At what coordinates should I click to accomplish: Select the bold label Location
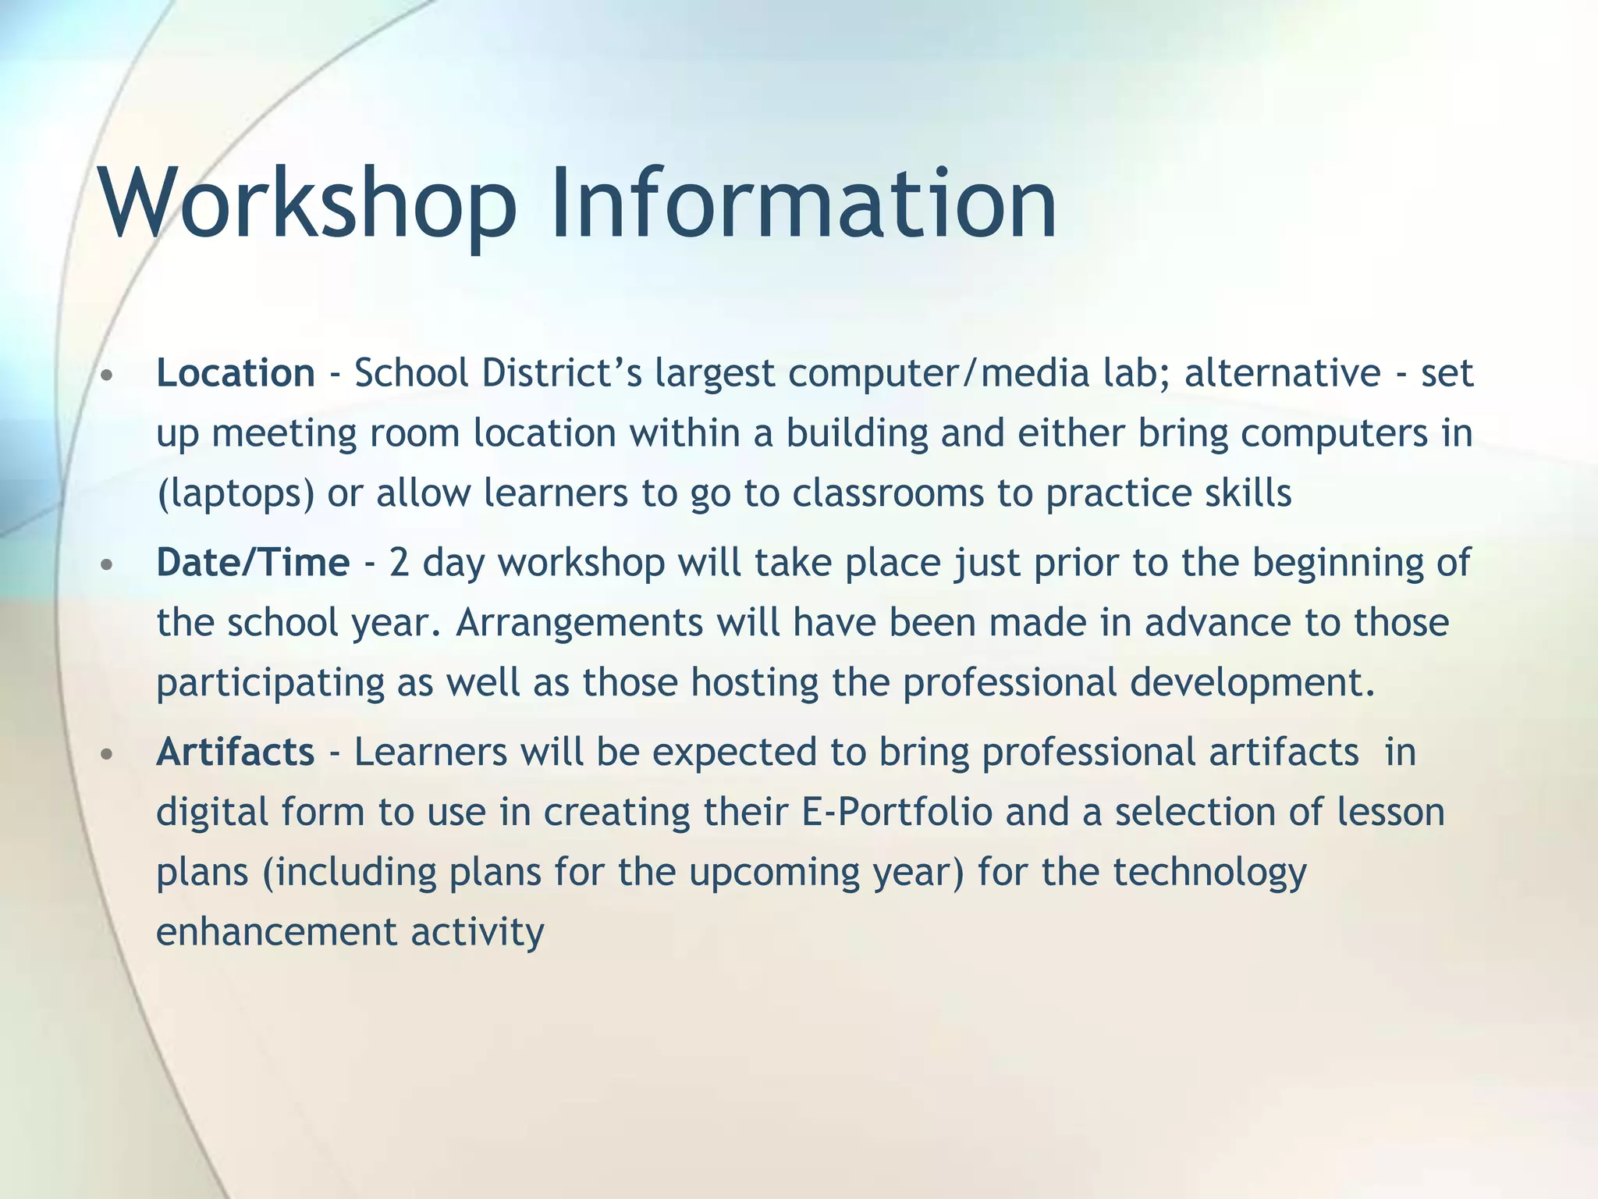tap(236, 373)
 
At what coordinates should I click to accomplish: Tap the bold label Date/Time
tap(253, 563)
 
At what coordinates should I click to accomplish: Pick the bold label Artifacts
tap(236, 752)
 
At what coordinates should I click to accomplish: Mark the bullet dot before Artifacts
tap(108, 755)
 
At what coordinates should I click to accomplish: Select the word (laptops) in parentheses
tap(236, 494)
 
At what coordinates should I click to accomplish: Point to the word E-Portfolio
tap(897, 813)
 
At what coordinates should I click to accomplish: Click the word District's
tap(562, 373)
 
